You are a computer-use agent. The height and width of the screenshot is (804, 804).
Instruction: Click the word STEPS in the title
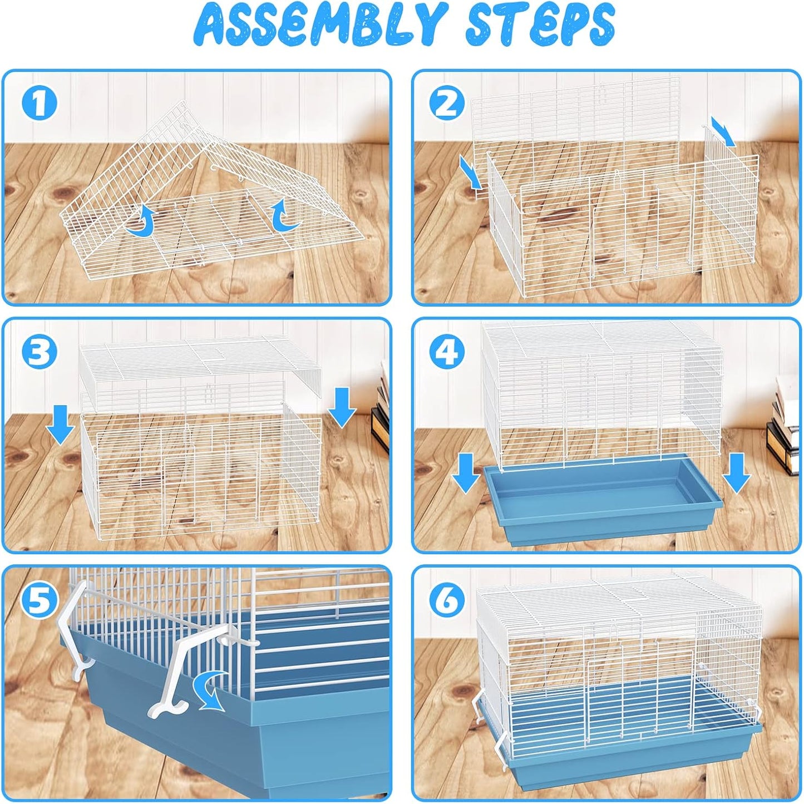539,25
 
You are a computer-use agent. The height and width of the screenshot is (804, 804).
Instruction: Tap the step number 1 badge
39,103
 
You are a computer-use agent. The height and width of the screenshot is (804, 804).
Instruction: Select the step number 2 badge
447,103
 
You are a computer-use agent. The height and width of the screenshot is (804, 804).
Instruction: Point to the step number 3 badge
39,352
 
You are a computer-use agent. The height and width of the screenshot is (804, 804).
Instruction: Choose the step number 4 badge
447,352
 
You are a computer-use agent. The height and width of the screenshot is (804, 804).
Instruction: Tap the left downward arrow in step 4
466,472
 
